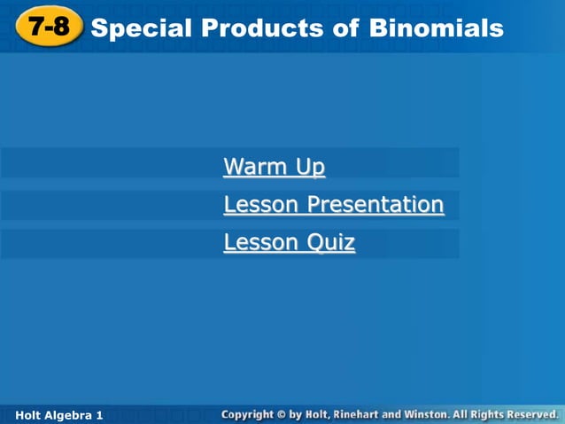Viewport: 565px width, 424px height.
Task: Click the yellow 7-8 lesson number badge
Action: pyautogui.click(x=48, y=27)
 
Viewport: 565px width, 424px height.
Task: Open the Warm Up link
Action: pyautogui.click(x=275, y=167)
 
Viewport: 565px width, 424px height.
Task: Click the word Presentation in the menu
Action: pyautogui.click(x=375, y=205)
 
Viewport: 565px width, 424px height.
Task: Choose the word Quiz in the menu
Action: pyautogui.click(x=330, y=243)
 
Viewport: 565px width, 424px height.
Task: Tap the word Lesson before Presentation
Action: pyautogui.click(x=262, y=205)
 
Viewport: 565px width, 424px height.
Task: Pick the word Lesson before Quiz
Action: pyautogui.click(x=262, y=243)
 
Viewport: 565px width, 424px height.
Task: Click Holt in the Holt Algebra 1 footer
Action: pyautogui.click(x=30, y=415)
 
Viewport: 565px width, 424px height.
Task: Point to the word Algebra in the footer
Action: pyautogui.click(x=70, y=415)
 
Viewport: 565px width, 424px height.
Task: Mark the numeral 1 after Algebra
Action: pyautogui.click(x=100, y=415)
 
